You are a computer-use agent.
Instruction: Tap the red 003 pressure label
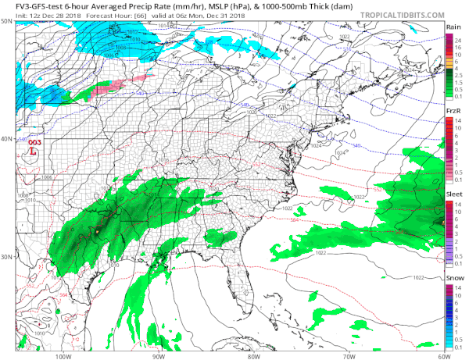pyautogui.click(x=34, y=143)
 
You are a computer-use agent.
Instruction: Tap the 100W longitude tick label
pyautogui.click(x=63, y=355)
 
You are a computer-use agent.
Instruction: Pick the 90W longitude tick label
pyautogui.click(x=158, y=355)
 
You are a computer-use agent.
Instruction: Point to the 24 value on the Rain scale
pyautogui.click(x=460, y=38)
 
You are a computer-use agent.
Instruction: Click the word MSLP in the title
pyautogui.click(x=174, y=5)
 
